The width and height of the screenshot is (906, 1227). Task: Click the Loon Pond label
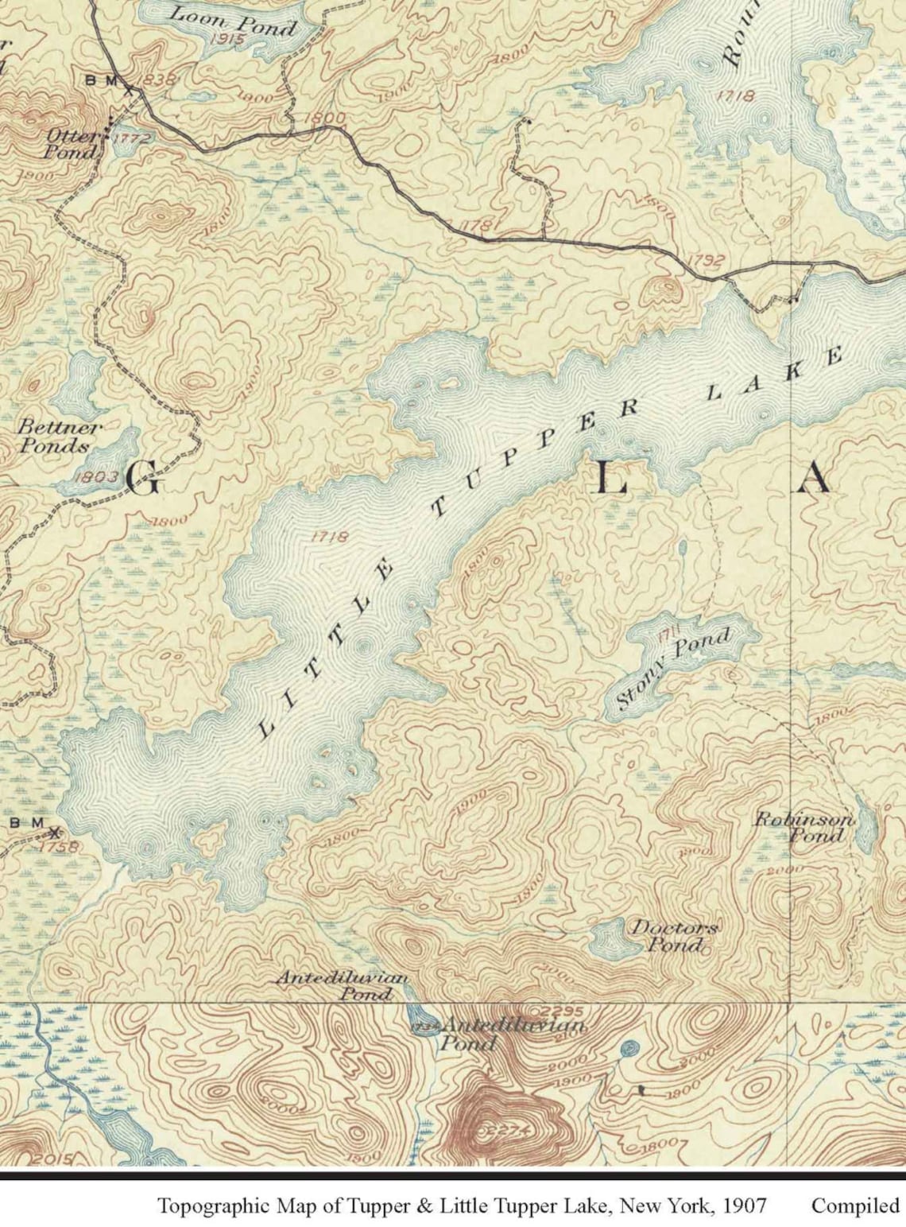pos(232,21)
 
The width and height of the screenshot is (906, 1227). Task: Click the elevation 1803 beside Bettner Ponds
pos(98,477)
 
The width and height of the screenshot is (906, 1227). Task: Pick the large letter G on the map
pos(143,480)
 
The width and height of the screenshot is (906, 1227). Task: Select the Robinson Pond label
pos(804,827)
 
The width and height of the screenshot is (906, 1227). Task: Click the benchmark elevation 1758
pos(60,847)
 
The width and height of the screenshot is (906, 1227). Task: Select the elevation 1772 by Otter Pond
pos(131,138)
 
